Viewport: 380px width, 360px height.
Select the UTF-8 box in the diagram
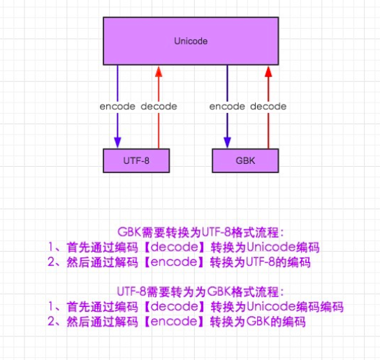137,160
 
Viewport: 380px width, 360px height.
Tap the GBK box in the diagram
247,160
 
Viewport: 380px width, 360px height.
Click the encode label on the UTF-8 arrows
117,107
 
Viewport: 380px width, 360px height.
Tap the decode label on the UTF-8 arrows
159,107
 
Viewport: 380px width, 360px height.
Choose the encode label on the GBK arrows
227,107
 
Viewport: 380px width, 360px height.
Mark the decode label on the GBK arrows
268,107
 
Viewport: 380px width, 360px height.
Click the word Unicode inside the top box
191,42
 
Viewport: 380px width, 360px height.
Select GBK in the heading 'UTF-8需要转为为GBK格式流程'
219,292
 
